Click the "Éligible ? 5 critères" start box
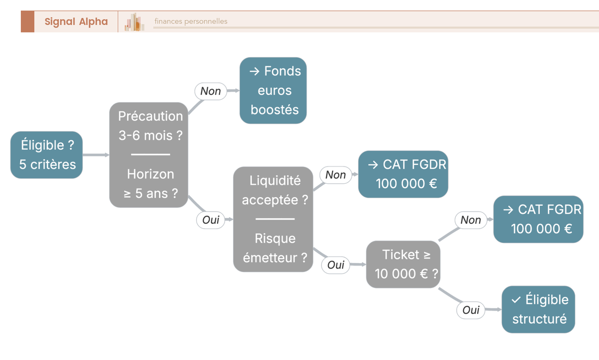[x=46, y=155]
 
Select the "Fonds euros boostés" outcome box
[x=273, y=90]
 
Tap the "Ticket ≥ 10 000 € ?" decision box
[x=403, y=264]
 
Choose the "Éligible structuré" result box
[x=538, y=310]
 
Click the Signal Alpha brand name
[x=76, y=21]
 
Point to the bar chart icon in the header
[x=134, y=22]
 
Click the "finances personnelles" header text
[x=191, y=21]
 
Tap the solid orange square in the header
[x=27, y=21]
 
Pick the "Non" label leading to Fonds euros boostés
[x=211, y=91]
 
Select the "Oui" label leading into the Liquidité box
[x=211, y=220]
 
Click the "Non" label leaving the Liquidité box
[x=335, y=175]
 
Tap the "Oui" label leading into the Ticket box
[x=335, y=265]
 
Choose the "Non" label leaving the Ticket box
[x=471, y=220]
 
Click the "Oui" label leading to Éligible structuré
[x=471, y=310]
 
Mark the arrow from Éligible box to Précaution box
[x=96, y=155]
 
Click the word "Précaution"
[x=151, y=116]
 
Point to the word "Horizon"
[x=151, y=174]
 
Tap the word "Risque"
[x=275, y=238]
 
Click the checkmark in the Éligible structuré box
[x=516, y=300]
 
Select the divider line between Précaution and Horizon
[x=151, y=154]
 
